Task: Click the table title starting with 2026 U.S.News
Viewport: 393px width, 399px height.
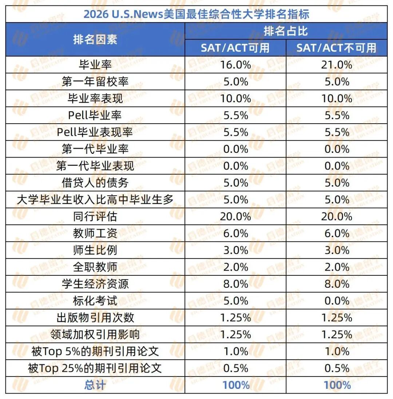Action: click(196, 14)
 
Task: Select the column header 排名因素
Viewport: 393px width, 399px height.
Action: click(95, 39)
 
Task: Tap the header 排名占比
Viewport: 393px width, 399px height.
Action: click(286, 31)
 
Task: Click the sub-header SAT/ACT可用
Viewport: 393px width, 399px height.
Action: click(235, 48)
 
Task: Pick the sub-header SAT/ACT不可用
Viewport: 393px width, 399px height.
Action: click(336, 48)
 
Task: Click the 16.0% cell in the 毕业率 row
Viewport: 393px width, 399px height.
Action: click(235, 65)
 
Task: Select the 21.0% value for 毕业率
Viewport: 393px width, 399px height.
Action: click(336, 65)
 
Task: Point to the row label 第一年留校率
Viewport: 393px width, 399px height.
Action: click(95, 81)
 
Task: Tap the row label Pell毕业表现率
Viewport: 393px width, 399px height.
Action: click(95, 132)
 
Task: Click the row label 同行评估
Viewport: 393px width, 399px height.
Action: click(95, 216)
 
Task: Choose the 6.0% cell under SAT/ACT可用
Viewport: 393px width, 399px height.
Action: click(235, 233)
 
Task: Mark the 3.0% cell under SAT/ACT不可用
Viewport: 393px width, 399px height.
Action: click(336, 250)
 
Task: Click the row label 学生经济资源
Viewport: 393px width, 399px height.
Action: click(95, 284)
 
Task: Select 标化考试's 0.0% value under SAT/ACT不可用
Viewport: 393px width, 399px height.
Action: click(336, 301)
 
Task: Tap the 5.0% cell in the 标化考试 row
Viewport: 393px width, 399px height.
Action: click(235, 301)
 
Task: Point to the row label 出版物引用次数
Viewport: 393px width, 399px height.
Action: click(95, 318)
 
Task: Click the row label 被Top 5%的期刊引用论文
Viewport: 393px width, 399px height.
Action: click(95, 351)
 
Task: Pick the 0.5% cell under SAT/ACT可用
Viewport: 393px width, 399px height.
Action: click(235, 368)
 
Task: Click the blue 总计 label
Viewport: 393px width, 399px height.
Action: click(95, 385)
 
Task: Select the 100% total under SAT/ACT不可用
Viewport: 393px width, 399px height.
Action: click(336, 385)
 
